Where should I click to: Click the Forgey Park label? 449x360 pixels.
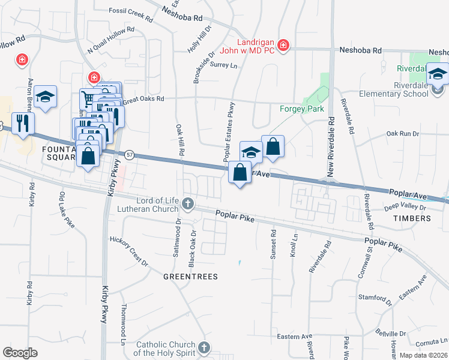pos(302,109)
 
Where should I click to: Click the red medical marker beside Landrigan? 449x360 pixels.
pos(283,46)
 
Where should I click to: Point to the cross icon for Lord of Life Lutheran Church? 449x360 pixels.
pos(188,204)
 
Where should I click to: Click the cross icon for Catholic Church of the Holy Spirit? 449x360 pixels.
pos(204,348)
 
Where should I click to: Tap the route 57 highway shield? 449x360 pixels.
pos(129,155)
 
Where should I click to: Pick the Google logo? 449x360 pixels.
pos(20,352)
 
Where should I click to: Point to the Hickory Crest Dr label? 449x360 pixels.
pos(128,250)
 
